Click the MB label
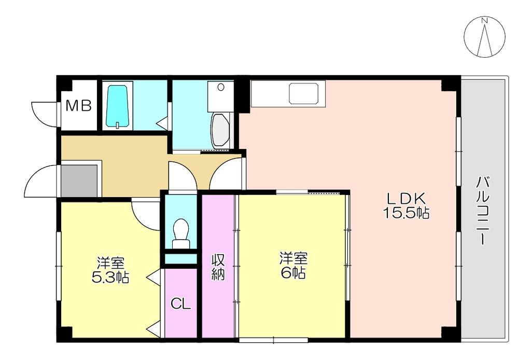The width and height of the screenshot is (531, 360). click(79, 106)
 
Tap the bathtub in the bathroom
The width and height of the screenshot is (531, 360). click(118, 106)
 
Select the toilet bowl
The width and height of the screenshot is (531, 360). click(181, 233)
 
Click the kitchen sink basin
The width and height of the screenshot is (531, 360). click(304, 93)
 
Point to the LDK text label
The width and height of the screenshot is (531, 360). click(407, 198)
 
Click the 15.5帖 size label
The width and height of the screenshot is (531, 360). click(407, 213)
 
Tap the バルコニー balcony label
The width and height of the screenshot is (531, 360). click(483, 211)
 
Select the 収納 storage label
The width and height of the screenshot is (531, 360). click(218, 267)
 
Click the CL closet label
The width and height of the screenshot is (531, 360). click(181, 304)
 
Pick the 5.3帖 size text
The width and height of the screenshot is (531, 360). click(110, 278)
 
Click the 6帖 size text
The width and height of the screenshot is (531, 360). click(294, 273)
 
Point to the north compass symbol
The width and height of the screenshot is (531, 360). click(485, 36)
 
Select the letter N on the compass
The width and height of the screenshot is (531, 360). click(485, 21)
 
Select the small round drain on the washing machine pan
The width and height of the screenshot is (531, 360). click(221, 87)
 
